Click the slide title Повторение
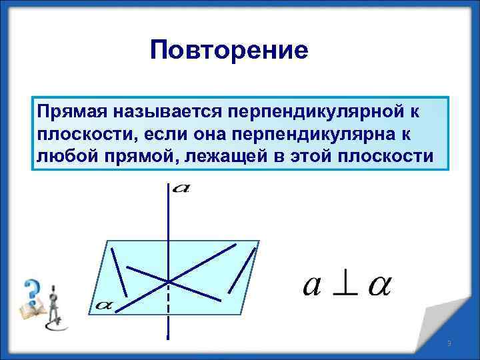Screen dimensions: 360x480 pyautogui.click(x=229, y=49)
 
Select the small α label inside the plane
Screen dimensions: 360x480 pyautogui.click(x=104, y=305)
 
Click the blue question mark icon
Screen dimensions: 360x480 pyautogui.click(x=31, y=291)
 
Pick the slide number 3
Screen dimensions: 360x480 pyautogui.click(x=449, y=343)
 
